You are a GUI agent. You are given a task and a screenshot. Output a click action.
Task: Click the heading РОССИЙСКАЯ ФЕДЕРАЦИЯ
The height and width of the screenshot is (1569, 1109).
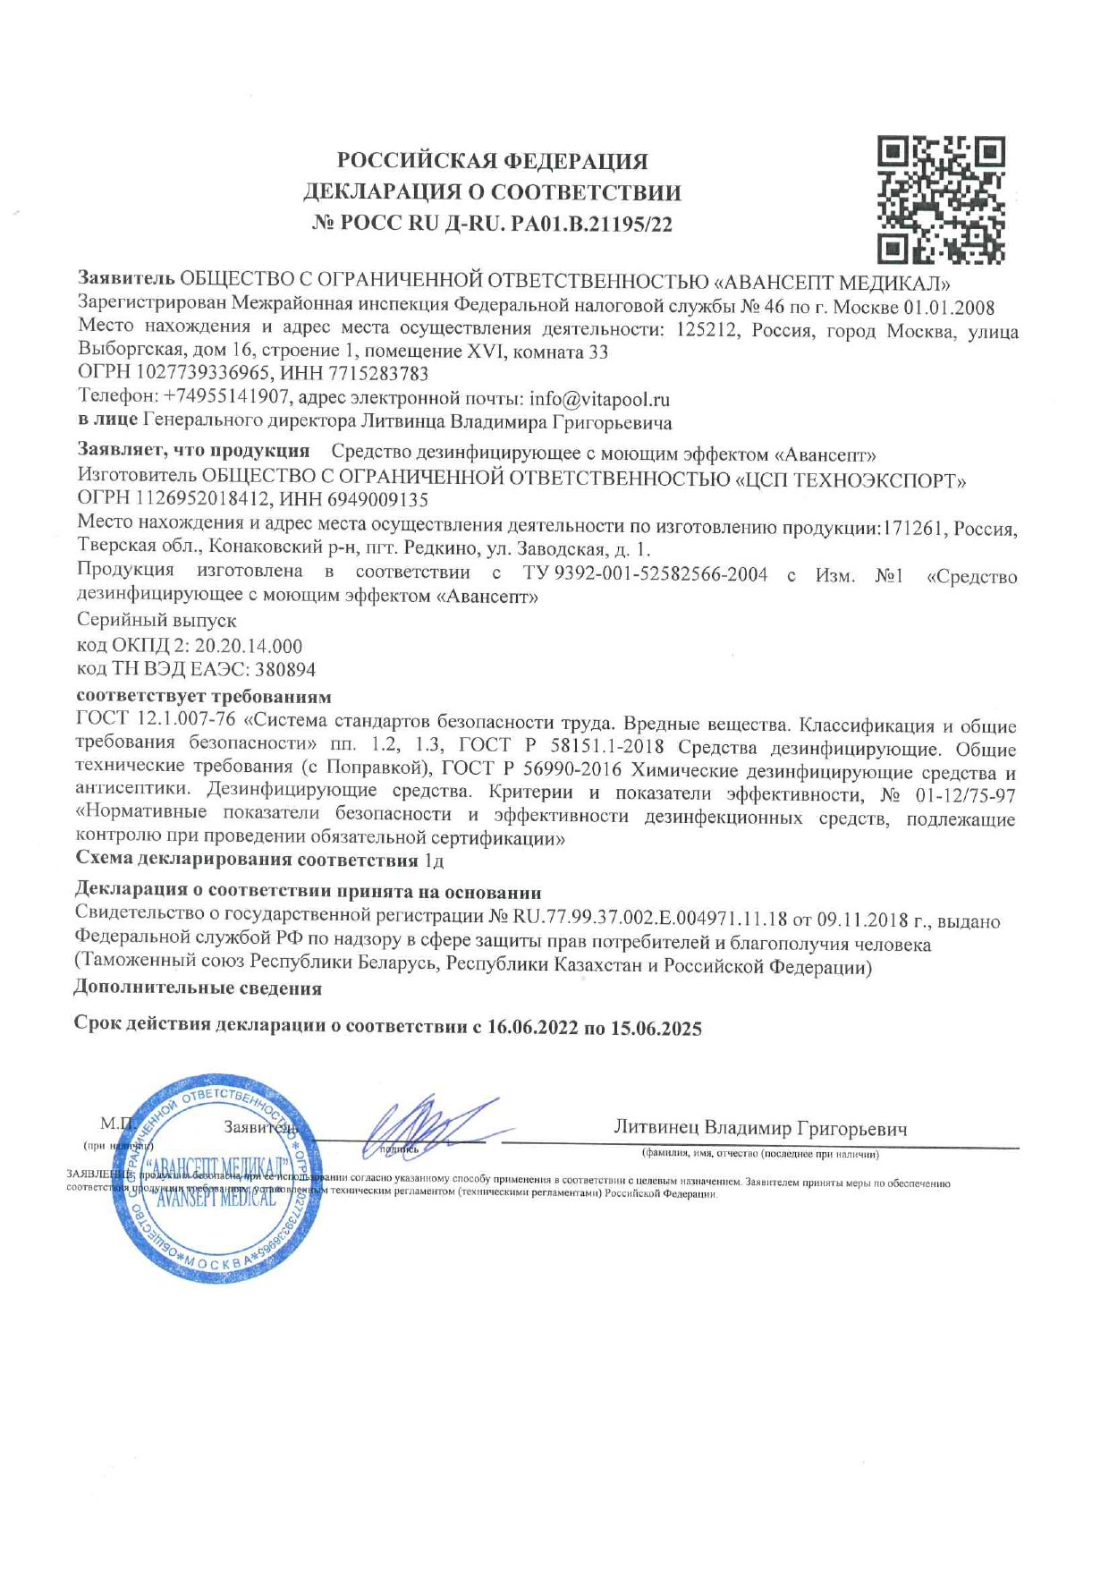pyautogui.click(x=492, y=161)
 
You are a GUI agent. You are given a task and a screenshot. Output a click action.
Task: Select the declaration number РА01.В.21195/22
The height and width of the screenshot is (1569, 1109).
pyautogui.click(x=590, y=225)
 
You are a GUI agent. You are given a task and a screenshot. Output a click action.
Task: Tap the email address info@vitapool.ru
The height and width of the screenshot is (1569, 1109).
pyautogui.click(x=599, y=399)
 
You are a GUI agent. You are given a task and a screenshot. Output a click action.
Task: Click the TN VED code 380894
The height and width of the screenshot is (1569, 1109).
pyautogui.click(x=285, y=669)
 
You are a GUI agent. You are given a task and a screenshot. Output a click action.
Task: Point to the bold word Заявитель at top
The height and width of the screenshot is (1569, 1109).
pyautogui.click(x=126, y=281)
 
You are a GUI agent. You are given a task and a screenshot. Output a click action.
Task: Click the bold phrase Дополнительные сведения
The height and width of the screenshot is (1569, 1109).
pyautogui.click(x=198, y=988)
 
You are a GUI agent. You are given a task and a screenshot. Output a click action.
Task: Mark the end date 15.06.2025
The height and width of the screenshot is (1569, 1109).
pyautogui.click(x=656, y=1029)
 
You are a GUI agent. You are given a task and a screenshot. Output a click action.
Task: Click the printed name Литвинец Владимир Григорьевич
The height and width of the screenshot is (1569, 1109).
pyautogui.click(x=760, y=1129)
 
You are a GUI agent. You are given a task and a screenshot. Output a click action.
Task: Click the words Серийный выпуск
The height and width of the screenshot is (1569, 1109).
pyautogui.click(x=157, y=620)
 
